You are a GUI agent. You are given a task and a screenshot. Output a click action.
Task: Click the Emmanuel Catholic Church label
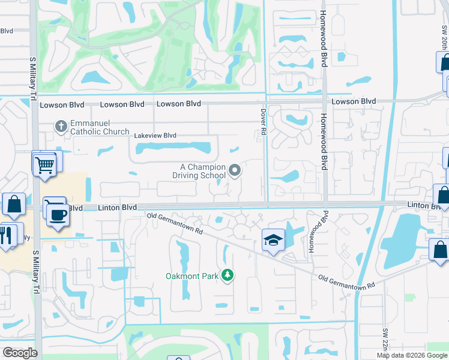coord(100,127)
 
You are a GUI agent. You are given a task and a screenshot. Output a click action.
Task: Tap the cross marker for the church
coord(60,127)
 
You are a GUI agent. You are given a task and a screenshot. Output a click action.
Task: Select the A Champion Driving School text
coord(199,171)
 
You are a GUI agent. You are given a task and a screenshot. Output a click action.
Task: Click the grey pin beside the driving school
coord(235,171)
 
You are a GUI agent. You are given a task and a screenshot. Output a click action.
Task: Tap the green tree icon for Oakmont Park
coord(227,275)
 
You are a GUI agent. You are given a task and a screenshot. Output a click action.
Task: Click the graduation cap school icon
coord(273,241)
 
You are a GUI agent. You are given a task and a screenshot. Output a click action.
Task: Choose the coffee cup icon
coord(57,215)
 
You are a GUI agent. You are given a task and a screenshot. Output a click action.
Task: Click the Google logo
coord(20,353)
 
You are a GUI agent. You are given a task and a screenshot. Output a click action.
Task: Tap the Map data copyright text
coord(412,355)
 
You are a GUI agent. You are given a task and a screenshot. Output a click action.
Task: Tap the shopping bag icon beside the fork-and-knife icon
coord(14,205)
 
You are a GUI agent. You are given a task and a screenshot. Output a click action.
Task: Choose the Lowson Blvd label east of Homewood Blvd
coord(354,101)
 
